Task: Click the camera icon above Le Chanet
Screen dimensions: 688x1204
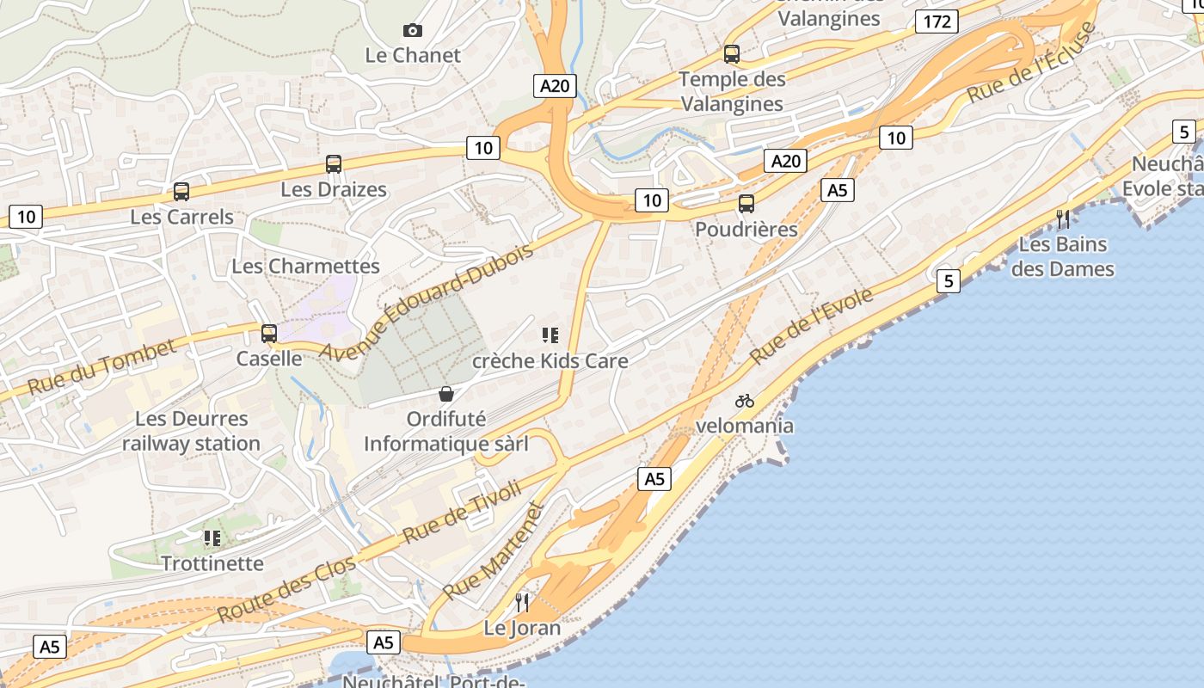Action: pos(413,31)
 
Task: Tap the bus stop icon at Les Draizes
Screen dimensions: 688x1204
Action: pos(334,164)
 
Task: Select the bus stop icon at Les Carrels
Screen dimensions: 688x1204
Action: pos(181,192)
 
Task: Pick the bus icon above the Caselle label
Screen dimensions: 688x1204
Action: pos(269,334)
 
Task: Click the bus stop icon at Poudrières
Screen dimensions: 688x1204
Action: pos(746,204)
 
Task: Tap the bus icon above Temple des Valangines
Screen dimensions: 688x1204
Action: pos(732,54)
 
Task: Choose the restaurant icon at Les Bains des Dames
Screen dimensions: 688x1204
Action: pos(1063,219)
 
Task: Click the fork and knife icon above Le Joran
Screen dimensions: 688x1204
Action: pos(522,602)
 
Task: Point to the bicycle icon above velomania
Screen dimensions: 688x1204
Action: pos(745,401)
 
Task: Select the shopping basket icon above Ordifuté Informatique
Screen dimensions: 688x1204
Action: pos(446,394)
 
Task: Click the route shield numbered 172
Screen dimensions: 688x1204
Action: pos(937,21)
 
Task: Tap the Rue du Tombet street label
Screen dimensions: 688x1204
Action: pos(101,367)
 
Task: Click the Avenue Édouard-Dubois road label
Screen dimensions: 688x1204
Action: pos(427,301)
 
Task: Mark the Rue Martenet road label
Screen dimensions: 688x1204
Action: pos(494,551)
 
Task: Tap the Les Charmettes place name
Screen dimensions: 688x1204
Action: pos(305,267)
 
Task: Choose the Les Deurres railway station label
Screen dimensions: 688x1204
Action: pos(191,432)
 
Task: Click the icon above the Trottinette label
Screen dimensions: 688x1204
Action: pos(212,538)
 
